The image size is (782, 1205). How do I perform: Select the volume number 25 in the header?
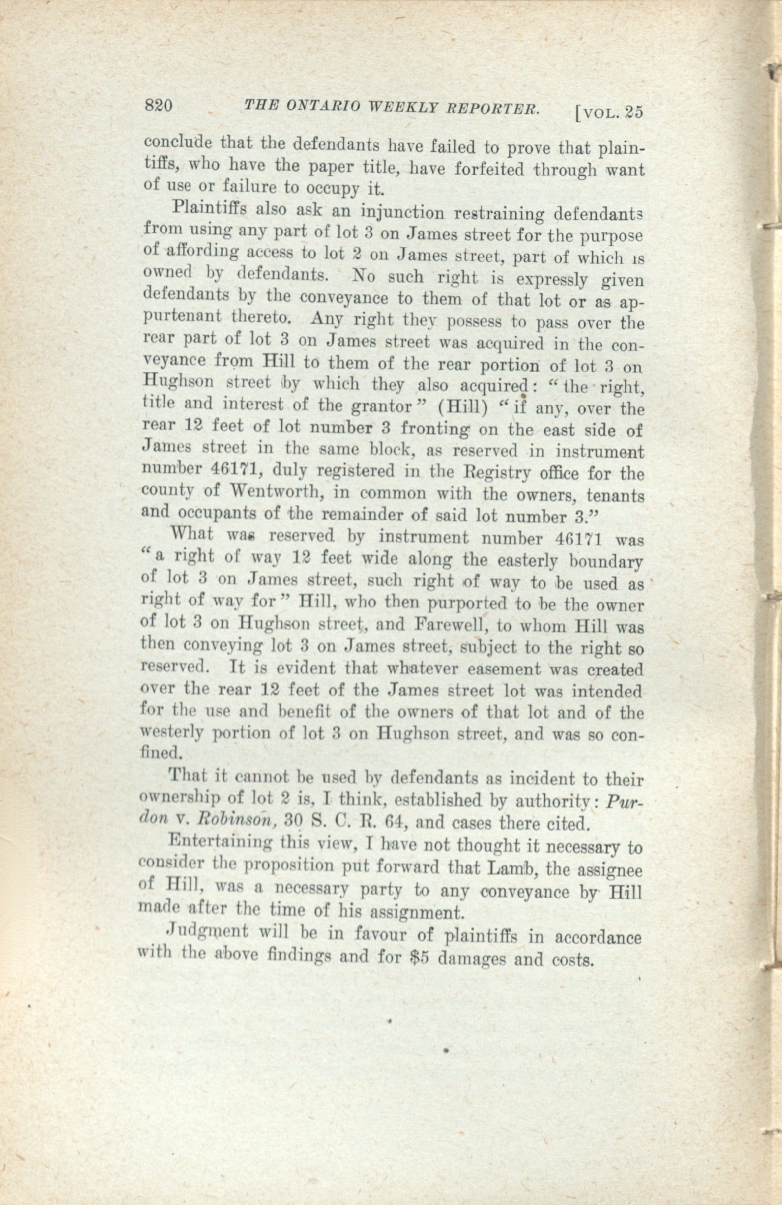click(633, 112)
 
